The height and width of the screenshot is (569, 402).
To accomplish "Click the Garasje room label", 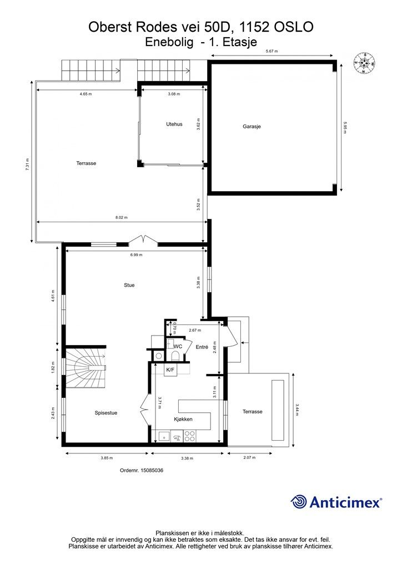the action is click(x=252, y=127).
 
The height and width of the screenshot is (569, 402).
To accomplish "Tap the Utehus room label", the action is click(x=174, y=124).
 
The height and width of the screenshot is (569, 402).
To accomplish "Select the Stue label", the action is click(x=129, y=285).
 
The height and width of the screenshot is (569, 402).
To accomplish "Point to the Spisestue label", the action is click(x=106, y=413).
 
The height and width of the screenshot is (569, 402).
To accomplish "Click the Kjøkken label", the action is click(x=183, y=419).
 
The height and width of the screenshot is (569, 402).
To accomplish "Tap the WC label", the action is click(x=178, y=347).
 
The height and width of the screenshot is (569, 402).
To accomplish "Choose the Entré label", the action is click(x=202, y=347).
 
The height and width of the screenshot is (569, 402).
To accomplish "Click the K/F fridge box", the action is click(x=170, y=370).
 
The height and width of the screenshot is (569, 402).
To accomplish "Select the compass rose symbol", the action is click(x=364, y=63).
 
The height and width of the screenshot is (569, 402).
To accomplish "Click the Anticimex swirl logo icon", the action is click(x=299, y=502).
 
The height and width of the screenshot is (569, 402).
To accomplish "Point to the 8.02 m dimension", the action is click(x=122, y=218).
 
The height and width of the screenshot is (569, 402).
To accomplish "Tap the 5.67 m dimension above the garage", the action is click(x=272, y=51).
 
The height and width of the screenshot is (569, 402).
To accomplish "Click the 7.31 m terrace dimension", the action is click(x=28, y=164).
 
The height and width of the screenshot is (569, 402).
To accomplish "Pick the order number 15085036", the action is click(x=142, y=470).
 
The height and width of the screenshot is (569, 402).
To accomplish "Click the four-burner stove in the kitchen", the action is click(x=189, y=436).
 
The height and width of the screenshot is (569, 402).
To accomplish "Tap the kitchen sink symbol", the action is click(x=164, y=436).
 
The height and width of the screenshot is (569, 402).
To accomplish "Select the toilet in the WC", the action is click(x=175, y=356).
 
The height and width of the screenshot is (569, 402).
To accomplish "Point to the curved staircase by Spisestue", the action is click(x=86, y=368).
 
